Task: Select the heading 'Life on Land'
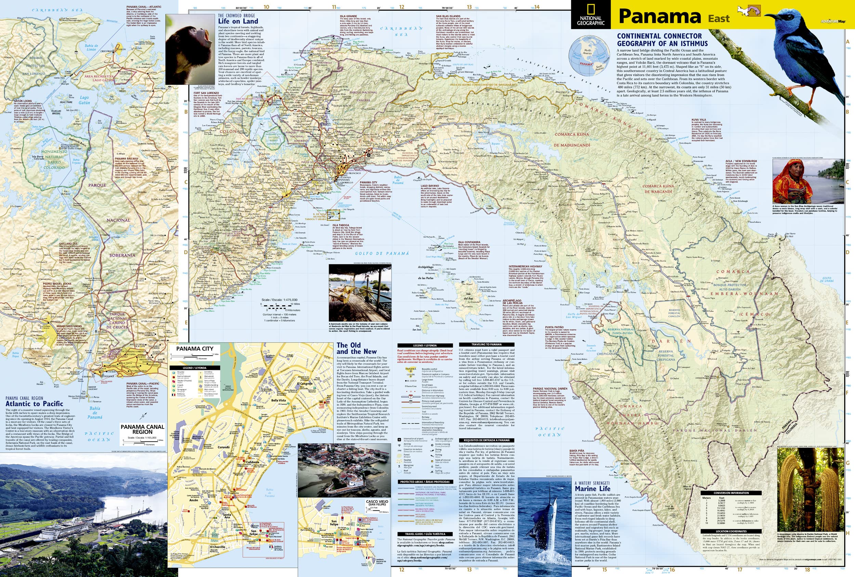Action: (238, 21)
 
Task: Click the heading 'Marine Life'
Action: (592, 489)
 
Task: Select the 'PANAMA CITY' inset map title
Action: (195, 348)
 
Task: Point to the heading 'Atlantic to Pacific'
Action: (34, 403)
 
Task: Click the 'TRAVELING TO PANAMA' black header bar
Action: (486, 344)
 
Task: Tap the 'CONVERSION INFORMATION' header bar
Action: (731, 493)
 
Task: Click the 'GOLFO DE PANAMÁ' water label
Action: (382, 253)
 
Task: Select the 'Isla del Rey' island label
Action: (468, 296)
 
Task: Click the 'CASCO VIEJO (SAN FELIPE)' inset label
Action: (377, 503)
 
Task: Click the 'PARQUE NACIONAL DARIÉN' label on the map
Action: (715, 430)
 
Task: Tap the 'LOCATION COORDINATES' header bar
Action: (731, 532)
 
